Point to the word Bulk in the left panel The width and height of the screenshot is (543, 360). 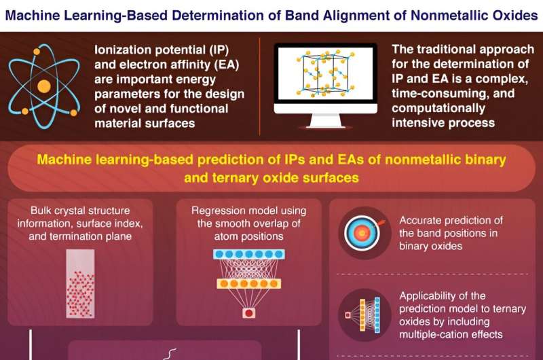44,210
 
